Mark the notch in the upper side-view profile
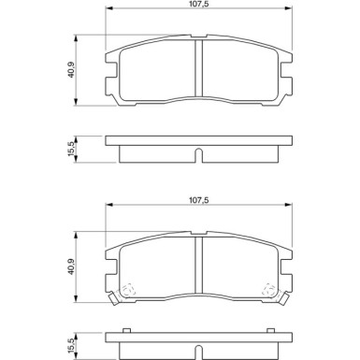pyautogui.click(x=196, y=153)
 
